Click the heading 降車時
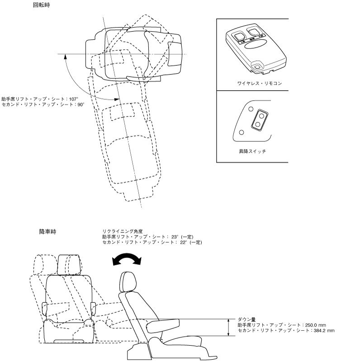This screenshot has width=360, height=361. click(47, 232)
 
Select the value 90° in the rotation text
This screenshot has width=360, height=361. click(80, 104)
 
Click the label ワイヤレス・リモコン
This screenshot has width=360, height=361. click(253, 84)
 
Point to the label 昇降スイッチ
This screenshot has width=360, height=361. click(252, 151)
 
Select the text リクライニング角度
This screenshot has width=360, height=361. click(119, 231)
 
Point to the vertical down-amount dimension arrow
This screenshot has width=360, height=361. click(227, 327)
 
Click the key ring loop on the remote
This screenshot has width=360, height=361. click(258, 67)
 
